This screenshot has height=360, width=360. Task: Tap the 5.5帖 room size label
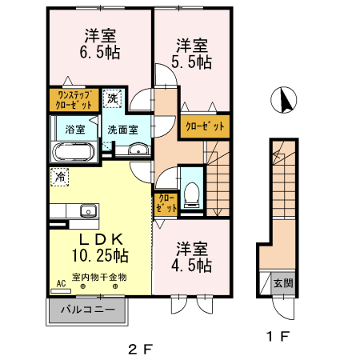pos(192,61)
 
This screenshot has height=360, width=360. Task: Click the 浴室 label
pos(65,129)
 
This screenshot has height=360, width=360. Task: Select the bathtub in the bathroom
pos(74,153)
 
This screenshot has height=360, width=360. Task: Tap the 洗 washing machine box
pos(114,98)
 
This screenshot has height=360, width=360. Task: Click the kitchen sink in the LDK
pos(87,212)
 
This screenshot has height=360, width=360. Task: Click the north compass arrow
pos(283,102)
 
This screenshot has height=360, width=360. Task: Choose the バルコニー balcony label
pos(88,309)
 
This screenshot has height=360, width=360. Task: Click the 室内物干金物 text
pos(99,277)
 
